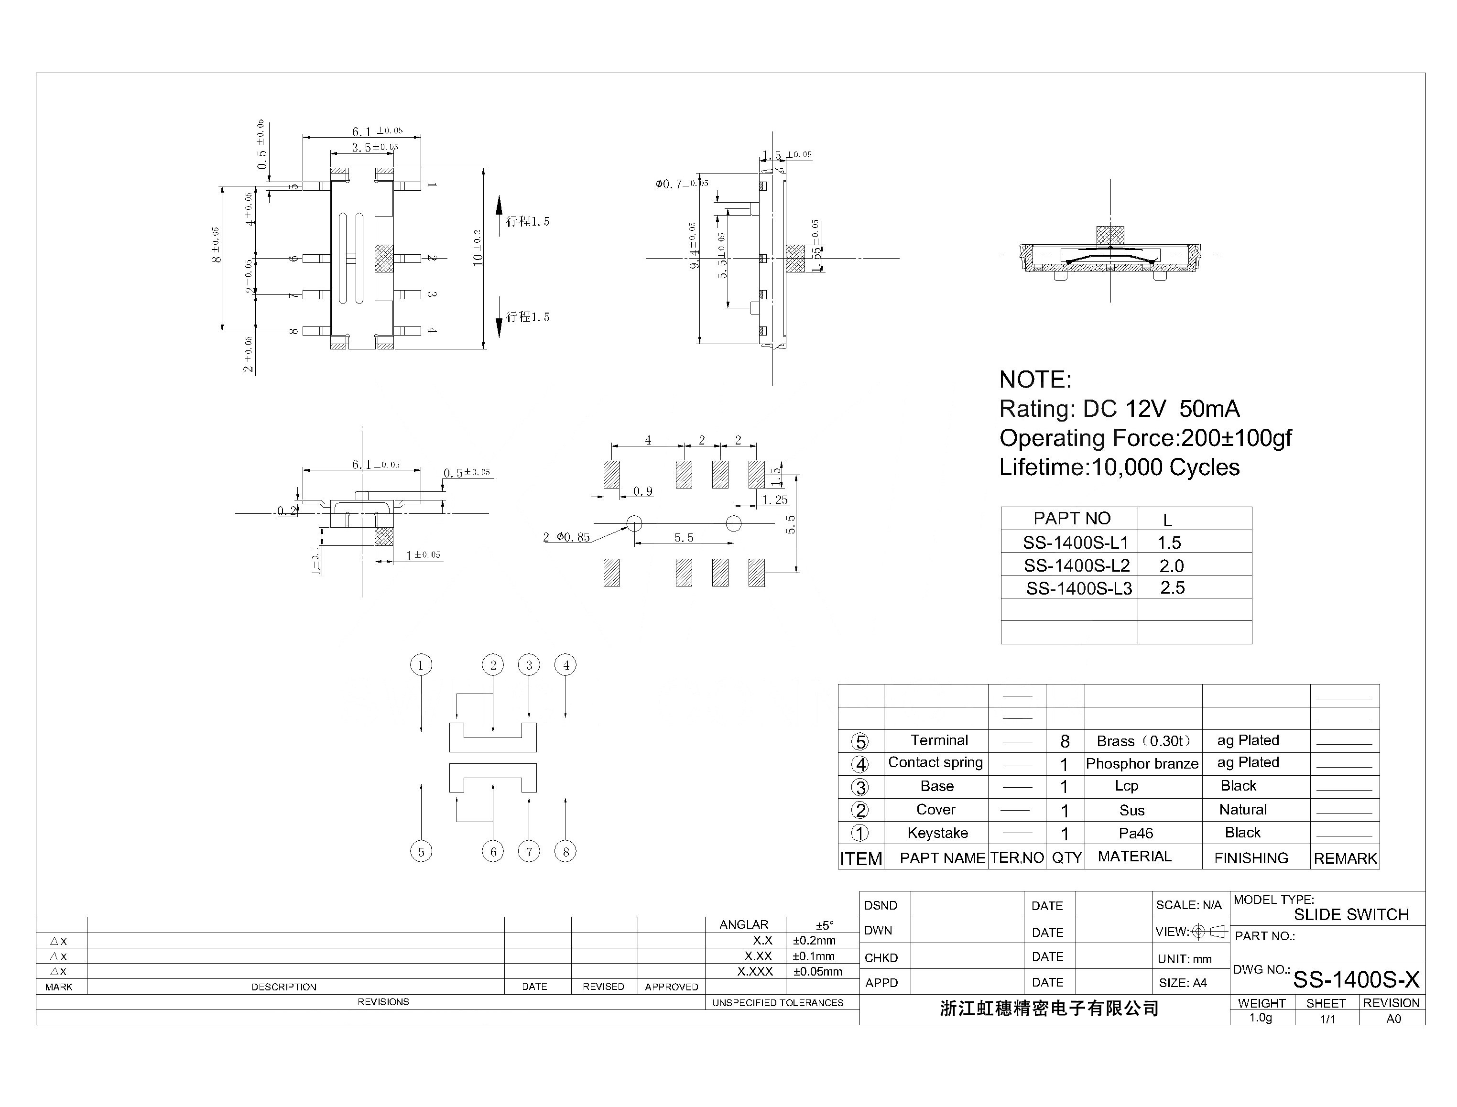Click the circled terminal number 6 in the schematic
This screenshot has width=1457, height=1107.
492,851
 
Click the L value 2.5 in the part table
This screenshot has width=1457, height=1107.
1172,588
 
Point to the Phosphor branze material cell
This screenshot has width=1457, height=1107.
1142,764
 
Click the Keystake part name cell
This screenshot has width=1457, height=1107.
937,833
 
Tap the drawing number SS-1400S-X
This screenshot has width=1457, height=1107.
1356,980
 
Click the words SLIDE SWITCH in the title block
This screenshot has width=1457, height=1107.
1350,914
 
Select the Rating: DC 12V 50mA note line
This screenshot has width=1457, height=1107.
1119,409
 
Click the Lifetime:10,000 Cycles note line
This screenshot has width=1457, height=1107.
1119,467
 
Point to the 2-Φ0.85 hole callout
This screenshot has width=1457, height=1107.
566,537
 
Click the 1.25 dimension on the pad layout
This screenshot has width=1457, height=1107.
774,500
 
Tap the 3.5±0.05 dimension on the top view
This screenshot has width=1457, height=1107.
374,148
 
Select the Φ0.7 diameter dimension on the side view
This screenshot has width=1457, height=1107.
681,184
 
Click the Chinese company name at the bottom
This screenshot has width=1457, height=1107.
1049,1008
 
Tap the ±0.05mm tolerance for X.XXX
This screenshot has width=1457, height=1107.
817,971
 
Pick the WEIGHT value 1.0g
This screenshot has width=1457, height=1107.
1260,1018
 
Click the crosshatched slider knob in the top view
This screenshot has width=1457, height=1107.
383,258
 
